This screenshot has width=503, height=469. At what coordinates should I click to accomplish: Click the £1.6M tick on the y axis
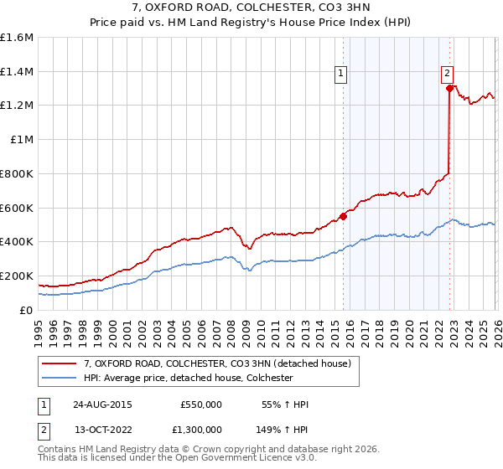pos(17,38)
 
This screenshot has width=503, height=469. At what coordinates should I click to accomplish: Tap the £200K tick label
pos(17,276)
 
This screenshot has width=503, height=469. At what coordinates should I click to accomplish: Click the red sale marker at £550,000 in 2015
pos(344,216)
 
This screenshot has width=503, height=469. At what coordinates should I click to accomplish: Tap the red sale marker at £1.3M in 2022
pos(449,88)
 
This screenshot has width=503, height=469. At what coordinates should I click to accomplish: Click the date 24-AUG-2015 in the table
pos(102,404)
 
